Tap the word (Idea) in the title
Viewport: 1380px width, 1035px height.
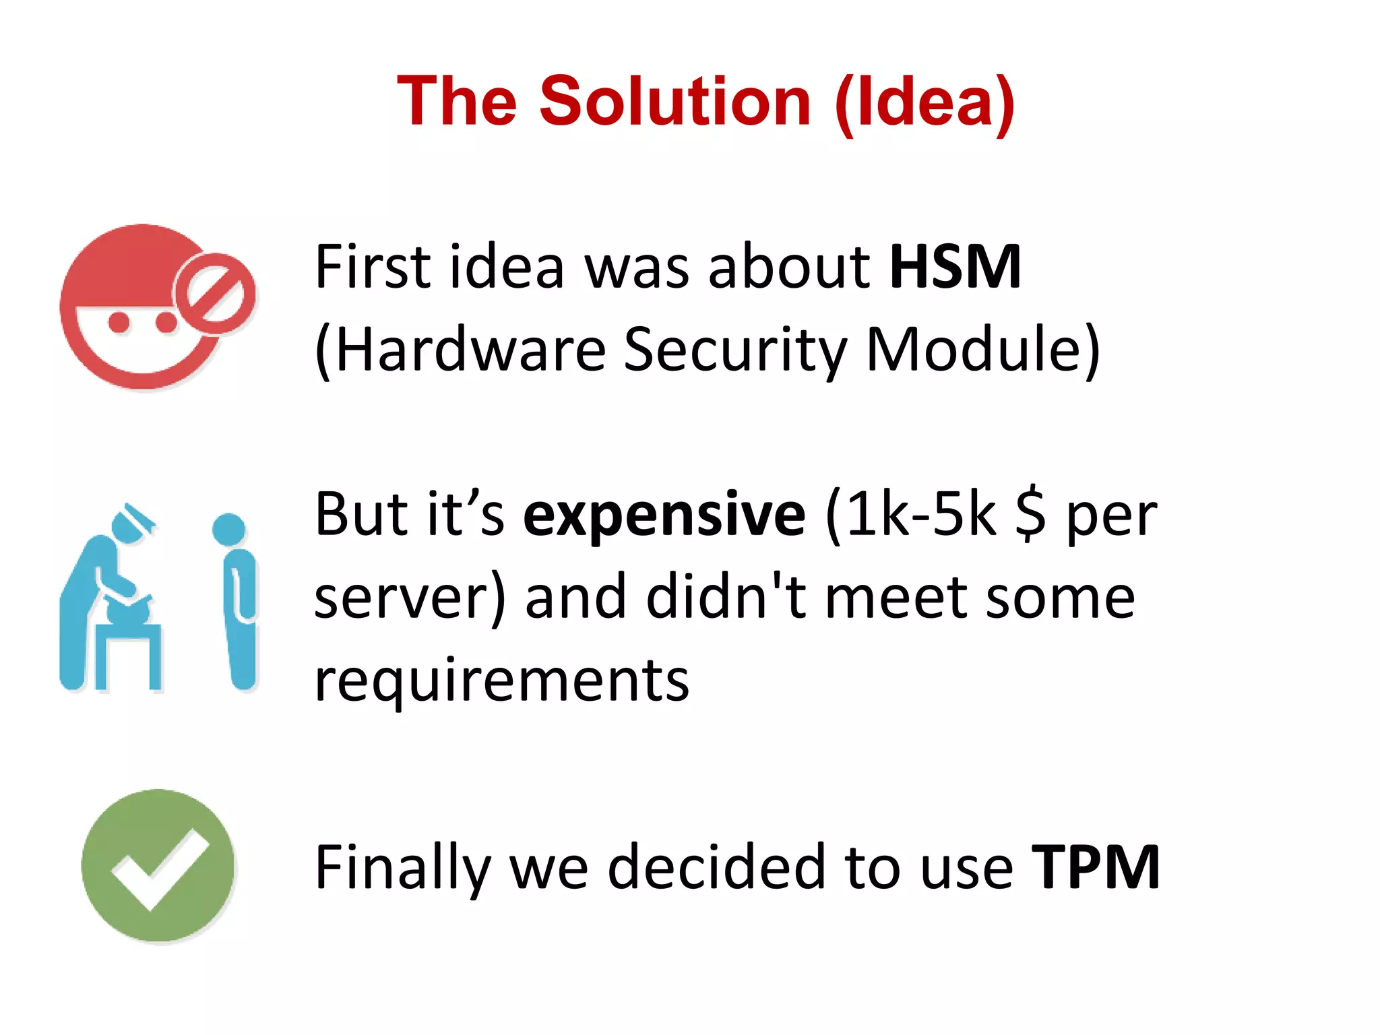point(924,102)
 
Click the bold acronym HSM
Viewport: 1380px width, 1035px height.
point(955,267)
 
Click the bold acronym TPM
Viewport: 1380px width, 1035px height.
point(1095,867)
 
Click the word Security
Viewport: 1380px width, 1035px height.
point(734,350)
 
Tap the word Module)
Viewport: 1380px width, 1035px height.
point(982,350)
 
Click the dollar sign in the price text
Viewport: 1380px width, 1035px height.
point(1030,515)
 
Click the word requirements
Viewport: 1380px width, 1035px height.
point(502,681)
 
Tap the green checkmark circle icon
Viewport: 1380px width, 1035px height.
point(158,865)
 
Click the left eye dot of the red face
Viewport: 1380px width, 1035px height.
point(119,322)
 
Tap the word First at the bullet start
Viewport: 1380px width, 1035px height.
point(373,267)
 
